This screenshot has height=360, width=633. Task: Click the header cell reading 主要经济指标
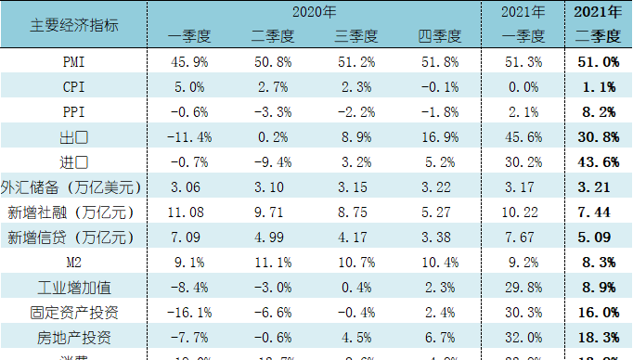pyautogui.click(x=73, y=24)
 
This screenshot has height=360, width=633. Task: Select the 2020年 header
pyautogui.click(x=314, y=12)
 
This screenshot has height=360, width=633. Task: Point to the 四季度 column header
pyautogui.click(x=440, y=36)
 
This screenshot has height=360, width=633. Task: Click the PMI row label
pyautogui.click(x=73, y=62)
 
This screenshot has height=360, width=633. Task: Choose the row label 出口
pyautogui.click(x=73, y=137)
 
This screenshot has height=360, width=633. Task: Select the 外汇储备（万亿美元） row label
pyautogui.click(x=73, y=186)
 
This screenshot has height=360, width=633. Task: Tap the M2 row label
pyautogui.click(x=73, y=262)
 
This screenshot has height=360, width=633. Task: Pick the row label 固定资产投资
pyautogui.click(x=73, y=312)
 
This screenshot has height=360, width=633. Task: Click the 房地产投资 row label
pyautogui.click(x=73, y=337)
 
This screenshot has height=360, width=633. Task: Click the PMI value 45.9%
pyautogui.click(x=189, y=62)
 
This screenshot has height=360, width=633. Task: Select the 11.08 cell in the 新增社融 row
pyautogui.click(x=189, y=212)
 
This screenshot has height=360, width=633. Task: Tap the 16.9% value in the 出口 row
pyautogui.click(x=440, y=137)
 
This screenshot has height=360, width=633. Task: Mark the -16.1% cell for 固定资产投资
pyautogui.click(x=189, y=312)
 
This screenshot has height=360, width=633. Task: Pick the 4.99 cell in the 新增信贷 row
pyautogui.click(x=273, y=237)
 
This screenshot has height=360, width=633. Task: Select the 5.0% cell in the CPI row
pyautogui.click(x=189, y=87)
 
